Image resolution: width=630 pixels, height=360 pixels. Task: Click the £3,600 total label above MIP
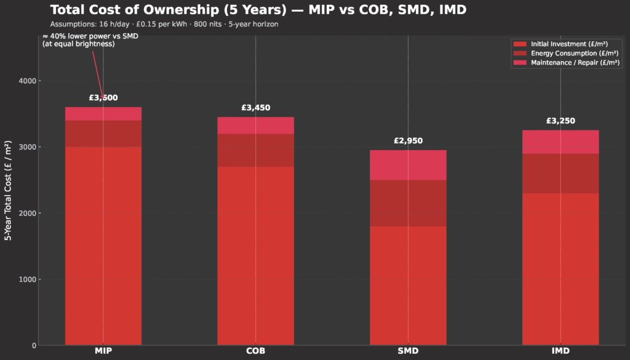tap(103, 97)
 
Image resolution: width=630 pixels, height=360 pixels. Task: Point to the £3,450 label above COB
tap(255, 108)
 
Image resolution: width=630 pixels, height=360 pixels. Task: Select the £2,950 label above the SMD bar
tap(408, 141)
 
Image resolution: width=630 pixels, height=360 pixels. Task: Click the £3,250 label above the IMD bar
tap(560, 121)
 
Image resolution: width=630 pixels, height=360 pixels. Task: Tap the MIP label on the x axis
tap(103, 351)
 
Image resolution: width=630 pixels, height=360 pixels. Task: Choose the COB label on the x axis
tap(255, 351)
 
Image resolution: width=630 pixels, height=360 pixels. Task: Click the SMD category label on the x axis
tap(408, 351)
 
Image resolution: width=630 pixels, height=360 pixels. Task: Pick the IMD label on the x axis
tap(560, 351)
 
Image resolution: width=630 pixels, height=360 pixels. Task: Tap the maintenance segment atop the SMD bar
tap(408, 165)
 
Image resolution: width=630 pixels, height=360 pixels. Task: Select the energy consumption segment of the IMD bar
tap(560, 174)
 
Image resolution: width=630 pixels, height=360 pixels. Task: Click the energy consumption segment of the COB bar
tap(255, 150)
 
